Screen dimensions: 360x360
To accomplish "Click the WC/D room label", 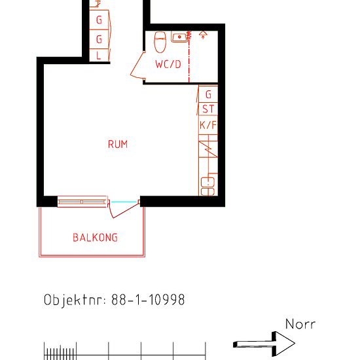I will [168, 65].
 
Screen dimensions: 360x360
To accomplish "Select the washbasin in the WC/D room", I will [179, 37].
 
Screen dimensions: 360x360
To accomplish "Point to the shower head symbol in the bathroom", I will [203, 34].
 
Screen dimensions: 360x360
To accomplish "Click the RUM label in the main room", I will [118, 145].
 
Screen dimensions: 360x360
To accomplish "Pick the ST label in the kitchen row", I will [208, 109].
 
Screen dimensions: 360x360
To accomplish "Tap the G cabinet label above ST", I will [208, 95].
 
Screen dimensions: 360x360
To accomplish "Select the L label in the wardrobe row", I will [99, 56].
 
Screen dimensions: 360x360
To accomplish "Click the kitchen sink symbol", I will [208, 186].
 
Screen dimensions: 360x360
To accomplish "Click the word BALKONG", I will [96, 238].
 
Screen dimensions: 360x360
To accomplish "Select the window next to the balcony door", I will [82, 202].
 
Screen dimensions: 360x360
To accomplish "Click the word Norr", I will [300, 324].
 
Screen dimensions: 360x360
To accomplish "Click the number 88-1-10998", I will [148, 300].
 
